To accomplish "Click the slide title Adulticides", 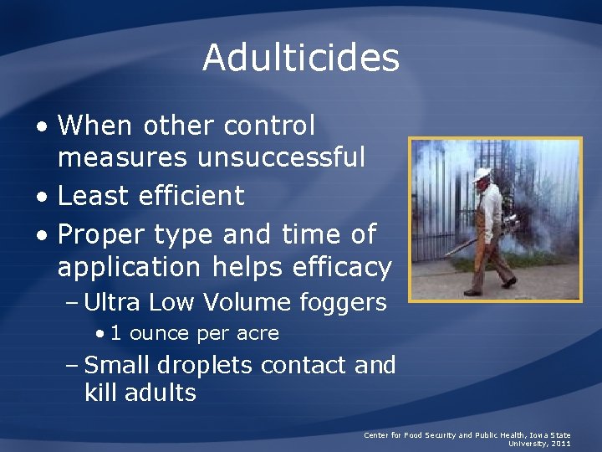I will [301, 58].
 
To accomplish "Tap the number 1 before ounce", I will [116, 333].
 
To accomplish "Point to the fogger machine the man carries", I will [507, 224].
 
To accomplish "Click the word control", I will [269, 126].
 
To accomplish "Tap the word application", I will [129, 267].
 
